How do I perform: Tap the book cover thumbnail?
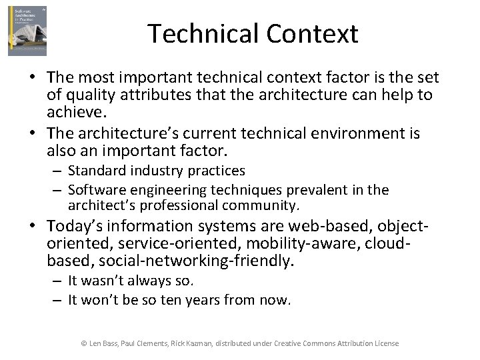point(27,31)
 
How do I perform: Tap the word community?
point(260,205)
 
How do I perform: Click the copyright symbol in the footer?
point(84,343)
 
